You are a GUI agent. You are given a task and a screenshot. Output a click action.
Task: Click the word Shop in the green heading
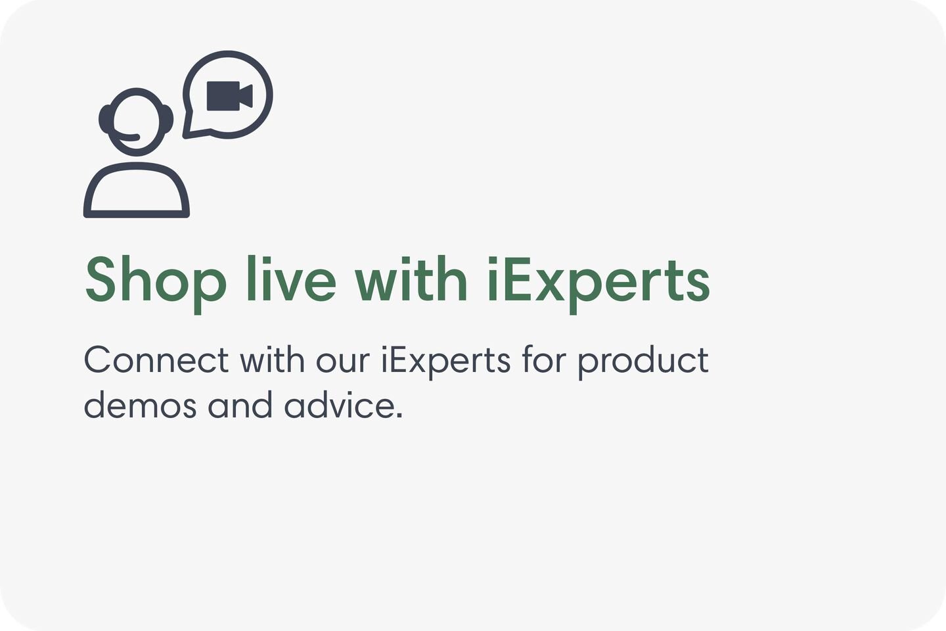pos(156,280)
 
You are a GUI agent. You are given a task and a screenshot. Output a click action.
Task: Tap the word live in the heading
pos(290,280)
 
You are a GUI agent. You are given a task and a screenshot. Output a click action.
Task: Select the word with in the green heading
pos(411,280)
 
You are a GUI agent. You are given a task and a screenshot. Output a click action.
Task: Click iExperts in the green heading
pos(598,280)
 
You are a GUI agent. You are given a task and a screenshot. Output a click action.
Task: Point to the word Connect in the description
pos(156,360)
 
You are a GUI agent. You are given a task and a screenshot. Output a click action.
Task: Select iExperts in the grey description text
pos(445,360)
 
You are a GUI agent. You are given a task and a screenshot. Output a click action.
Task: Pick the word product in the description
pos(642,360)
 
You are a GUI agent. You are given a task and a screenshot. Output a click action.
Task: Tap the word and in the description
pos(240,405)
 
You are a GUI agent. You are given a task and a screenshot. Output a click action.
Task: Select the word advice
pos(340,405)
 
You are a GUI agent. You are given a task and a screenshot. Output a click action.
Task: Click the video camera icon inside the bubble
pos(229,96)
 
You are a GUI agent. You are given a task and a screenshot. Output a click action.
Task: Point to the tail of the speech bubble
pos(189,131)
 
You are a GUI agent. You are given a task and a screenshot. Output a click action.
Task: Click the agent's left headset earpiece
pos(104,119)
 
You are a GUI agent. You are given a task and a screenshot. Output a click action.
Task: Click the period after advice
pos(399,415)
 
